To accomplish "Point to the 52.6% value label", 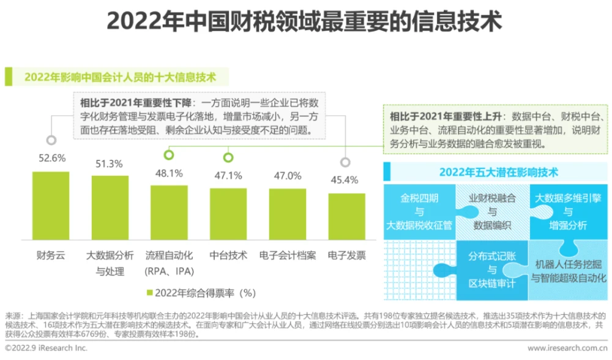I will (x=52, y=158).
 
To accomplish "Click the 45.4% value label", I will (x=346, y=179).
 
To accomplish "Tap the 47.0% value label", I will (x=288, y=176).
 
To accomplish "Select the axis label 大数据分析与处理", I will (x=110, y=263).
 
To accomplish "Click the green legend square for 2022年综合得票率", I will (x=149, y=292).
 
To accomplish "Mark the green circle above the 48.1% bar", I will (x=169, y=156).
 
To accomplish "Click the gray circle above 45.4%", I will (x=346, y=162).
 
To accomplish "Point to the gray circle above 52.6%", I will (x=52, y=140).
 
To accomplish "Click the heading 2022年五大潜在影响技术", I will (x=499, y=173).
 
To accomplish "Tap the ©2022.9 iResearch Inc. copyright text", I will (x=47, y=348).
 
